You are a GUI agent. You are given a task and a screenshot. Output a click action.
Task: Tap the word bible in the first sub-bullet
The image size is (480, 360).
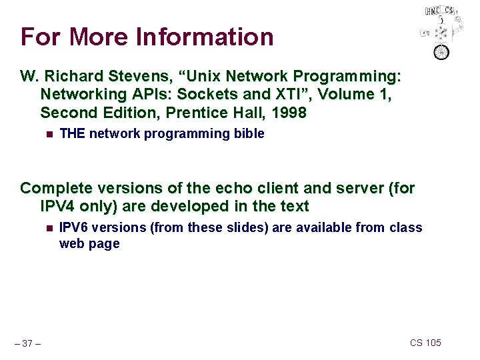pyautogui.click(x=249, y=133)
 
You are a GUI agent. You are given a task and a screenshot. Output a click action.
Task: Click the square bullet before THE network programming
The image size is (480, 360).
pyautogui.click(x=47, y=134)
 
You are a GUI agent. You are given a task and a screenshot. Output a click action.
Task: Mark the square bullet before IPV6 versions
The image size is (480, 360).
pyautogui.click(x=47, y=228)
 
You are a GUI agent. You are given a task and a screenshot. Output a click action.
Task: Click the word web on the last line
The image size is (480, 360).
pyautogui.click(x=71, y=244)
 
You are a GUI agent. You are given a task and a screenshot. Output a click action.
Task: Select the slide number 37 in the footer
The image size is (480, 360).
pyautogui.click(x=27, y=343)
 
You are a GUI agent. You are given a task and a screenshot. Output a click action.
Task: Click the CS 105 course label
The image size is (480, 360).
pyautogui.click(x=425, y=343)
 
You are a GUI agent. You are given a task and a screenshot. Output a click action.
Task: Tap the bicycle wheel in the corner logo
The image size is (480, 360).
pyautogui.click(x=441, y=51)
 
